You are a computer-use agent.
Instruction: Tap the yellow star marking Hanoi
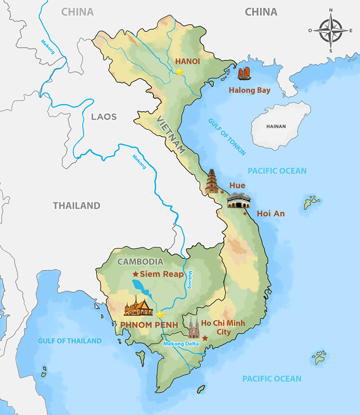click(179, 72)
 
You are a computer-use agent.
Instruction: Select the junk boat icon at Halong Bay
click(244, 74)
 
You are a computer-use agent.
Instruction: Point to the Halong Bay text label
click(249, 90)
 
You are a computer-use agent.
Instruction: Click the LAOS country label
click(103, 117)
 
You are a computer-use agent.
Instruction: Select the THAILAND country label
click(76, 206)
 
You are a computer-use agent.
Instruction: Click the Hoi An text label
click(271, 213)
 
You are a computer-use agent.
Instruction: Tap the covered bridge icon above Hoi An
click(238, 199)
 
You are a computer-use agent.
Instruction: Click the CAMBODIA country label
click(140, 261)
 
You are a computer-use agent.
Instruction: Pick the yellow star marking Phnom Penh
click(160, 314)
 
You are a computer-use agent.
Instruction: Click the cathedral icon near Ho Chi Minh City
click(194, 327)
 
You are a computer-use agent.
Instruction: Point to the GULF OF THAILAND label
click(70, 341)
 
